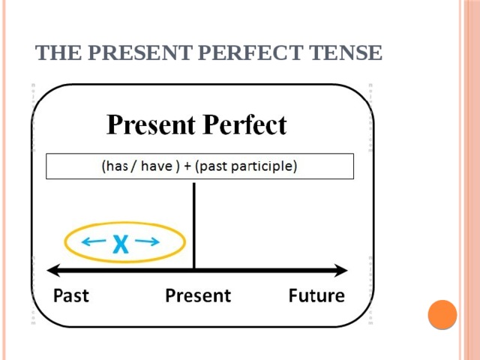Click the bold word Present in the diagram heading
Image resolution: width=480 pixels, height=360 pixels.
[x=152, y=124]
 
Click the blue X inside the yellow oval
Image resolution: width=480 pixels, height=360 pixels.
[x=120, y=244]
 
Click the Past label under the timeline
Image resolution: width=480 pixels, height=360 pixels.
[x=71, y=295]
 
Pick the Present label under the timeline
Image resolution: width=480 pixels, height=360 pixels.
[x=198, y=295]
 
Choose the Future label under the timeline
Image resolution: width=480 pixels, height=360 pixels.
[x=316, y=295]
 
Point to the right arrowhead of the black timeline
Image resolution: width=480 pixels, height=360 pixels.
[x=341, y=269]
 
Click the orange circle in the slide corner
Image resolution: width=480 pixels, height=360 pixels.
[x=442, y=314]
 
